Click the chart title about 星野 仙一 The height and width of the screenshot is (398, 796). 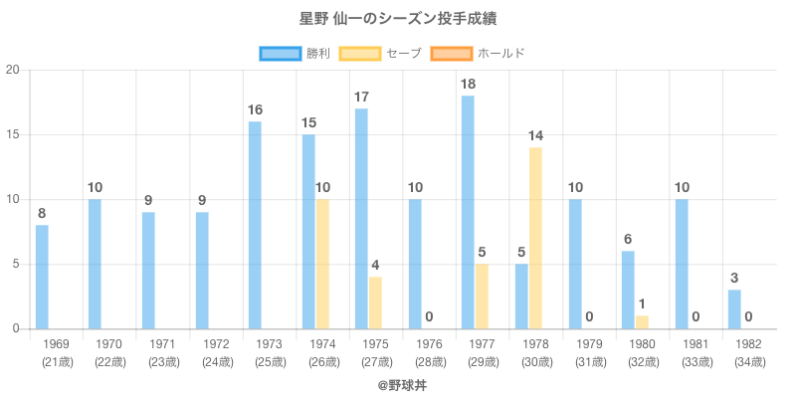[398, 19]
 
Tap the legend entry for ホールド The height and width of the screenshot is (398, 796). [478, 53]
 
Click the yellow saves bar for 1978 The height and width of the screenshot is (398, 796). [535, 238]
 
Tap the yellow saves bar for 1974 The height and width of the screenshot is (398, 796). [322, 264]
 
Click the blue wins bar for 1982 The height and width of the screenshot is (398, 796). [734, 309]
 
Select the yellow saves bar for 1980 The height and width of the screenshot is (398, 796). [642, 322]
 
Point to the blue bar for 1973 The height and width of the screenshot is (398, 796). [255, 225]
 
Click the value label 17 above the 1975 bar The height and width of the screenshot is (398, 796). [361, 98]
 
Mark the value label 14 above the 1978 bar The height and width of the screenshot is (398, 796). [535, 135]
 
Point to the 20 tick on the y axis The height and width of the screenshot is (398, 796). [13, 71]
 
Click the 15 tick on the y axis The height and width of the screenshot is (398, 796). [13, 135]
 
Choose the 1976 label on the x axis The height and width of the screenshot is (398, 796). [429, 344]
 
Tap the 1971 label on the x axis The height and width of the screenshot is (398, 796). [162, 344]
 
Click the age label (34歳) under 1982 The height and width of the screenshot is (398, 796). [748, 361]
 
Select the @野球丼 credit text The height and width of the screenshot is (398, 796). [398, 383]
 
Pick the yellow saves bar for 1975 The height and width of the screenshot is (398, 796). [375, 302]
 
